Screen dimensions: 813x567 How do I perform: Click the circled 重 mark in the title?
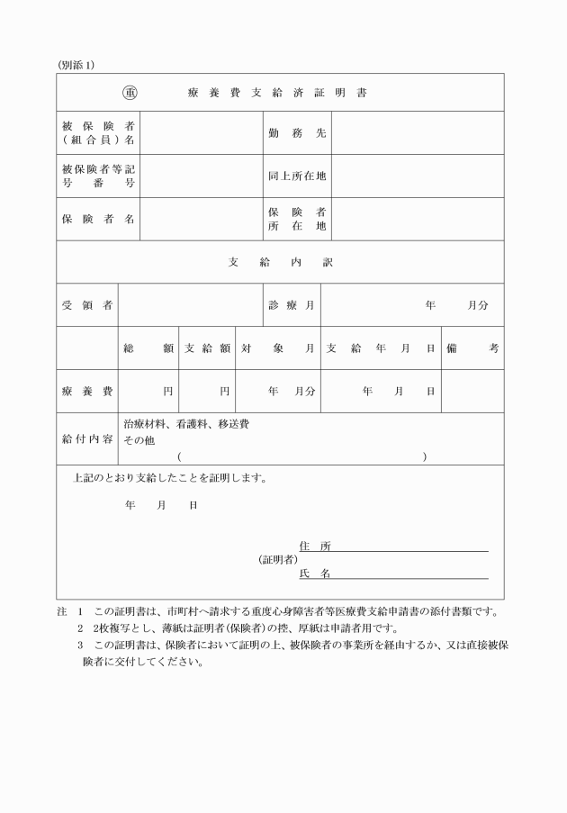(x=130, y=93)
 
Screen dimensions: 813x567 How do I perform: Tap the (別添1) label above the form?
(x=76, y=65)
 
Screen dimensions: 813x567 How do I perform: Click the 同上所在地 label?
(x=297, y=176)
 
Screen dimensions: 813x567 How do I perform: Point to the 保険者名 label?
(x=98, y=220)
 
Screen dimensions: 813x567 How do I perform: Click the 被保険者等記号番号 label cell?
(x=98, y=176)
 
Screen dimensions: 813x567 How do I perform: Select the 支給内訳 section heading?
(x=280, y=262)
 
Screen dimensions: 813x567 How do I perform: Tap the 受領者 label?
(x=86, y=305)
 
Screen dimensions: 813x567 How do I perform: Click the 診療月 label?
(x=291, y=305)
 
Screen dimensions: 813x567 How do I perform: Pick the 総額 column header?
(x=148, y=348)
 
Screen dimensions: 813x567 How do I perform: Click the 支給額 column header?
(x=207, y=348)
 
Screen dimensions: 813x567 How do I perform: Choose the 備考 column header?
(x=472, y=348)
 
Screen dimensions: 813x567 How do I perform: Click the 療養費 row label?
(x=86, y=392)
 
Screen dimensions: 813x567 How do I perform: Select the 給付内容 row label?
(x=86, y=439)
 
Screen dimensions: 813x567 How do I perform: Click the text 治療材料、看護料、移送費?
(x=186, y=423)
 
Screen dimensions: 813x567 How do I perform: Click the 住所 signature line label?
(x=315, y=546)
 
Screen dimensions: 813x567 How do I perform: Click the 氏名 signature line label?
(x=315, y=574)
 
